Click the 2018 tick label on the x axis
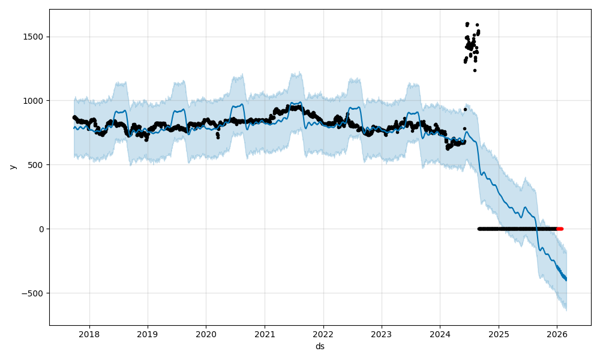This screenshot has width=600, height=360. pyautogui.click(x=89, y=334)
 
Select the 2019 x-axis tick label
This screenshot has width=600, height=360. pyautogui.click(x=148, y=334)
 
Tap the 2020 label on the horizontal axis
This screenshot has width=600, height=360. pyautogui.click(x=206, y=334)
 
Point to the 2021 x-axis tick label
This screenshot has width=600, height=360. pyautogui.click(x=265, y=334)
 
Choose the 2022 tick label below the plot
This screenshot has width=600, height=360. pyautogui.click(x=323, y=334)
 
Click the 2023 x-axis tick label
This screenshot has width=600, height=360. pyautogui.click(x=381, y=334)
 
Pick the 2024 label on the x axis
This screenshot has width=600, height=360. pyautogui.click(x=440, y=334)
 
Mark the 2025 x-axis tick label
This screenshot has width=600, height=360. pyautogui.click(x=498, y=334)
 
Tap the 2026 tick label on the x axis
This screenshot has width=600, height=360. pyautogui.click(x=557, y=334)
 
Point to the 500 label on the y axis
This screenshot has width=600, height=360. pyautogui.click(x=37, y=165)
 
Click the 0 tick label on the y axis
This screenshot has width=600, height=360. pyautogui.click(x=42, y=229)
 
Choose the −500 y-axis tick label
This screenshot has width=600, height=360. pyautogui.click(x=34, y=293)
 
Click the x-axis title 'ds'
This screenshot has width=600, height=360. pyautogui.click(x=320, y=346)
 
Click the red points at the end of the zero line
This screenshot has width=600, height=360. pyautogui.click(x=560, y=229)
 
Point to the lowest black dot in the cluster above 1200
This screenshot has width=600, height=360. pyautogui.click(x=475, y=70)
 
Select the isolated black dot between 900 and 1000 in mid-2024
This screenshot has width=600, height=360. pyautogui.click(x=465, y=109)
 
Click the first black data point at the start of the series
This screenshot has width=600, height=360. pyautogui.click(x=74, y=118)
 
